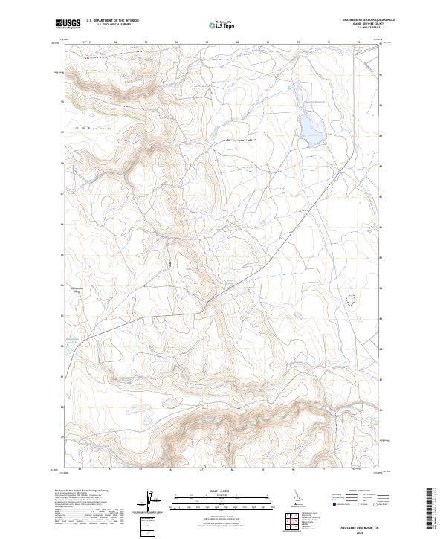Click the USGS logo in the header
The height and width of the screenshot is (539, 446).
[67, 23]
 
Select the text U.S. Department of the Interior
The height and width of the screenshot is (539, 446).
[112, 21]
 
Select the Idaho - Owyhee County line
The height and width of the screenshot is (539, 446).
[365, 25]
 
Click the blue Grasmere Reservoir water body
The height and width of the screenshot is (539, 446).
[310, 127]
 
